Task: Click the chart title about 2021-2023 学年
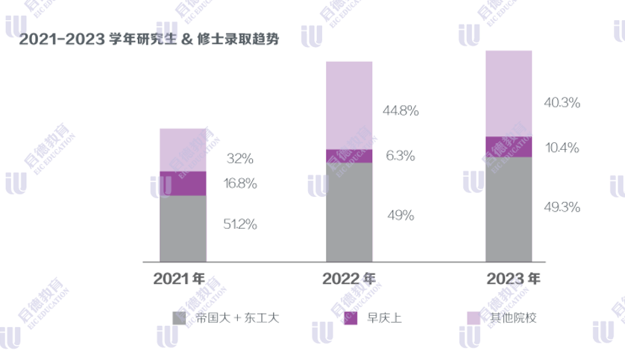pos(149,40)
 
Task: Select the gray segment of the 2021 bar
pos(183,228)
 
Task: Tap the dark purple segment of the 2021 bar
pos(183,183)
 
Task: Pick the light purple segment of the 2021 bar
pos(183,150)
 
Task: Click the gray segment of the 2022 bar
pos(349,212)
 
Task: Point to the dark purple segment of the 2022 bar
pos(349,156)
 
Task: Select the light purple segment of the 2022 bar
pos(349,105)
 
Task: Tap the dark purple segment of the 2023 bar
pos(509,147)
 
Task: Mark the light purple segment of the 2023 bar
pos(509,93)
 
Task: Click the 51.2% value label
pos(240,224)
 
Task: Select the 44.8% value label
pos(401,111)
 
